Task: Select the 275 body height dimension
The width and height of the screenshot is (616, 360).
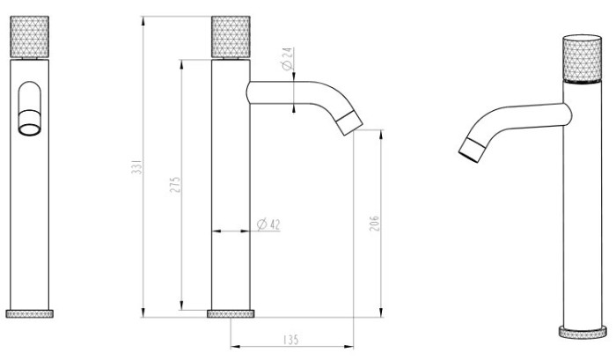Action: click(175, 185)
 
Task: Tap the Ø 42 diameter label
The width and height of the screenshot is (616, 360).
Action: click(268, 224)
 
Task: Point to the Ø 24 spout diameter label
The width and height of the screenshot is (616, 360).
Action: click(288, 59)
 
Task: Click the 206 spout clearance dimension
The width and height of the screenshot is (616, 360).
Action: click(374, 223)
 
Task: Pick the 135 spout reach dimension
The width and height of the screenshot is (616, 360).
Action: click(290, 340)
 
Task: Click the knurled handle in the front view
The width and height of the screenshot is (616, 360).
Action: click(29, 37)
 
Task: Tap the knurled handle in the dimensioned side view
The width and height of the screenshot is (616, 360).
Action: click(231, 37)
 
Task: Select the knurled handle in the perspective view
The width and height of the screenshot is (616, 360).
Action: click(582, 59)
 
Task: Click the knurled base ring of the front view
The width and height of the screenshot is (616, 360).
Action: click(29, 313)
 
